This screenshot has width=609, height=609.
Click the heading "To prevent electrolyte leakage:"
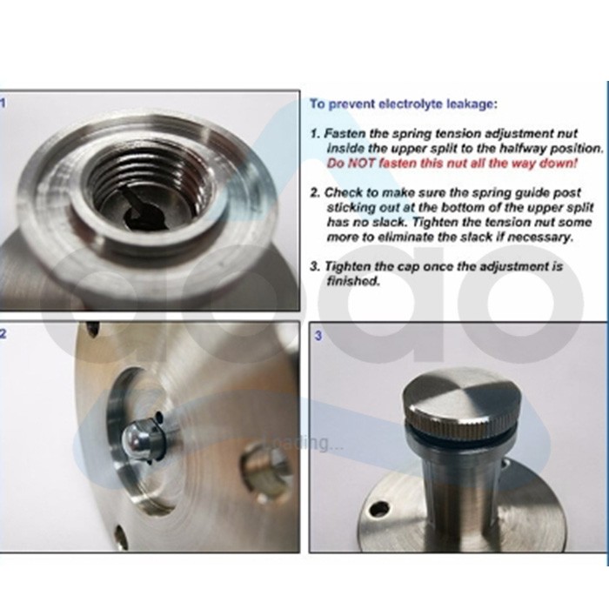coord(403,104)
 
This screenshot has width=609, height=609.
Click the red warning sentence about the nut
coord(452,164)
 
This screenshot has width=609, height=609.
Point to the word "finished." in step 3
coord(353,281)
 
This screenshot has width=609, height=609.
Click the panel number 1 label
coord(3,103)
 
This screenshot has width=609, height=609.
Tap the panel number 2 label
coord(3,333)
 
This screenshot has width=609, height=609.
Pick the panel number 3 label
coord(318,336)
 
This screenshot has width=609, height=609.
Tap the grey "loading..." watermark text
coord(304,444)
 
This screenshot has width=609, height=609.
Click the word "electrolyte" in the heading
coord(411,104)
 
